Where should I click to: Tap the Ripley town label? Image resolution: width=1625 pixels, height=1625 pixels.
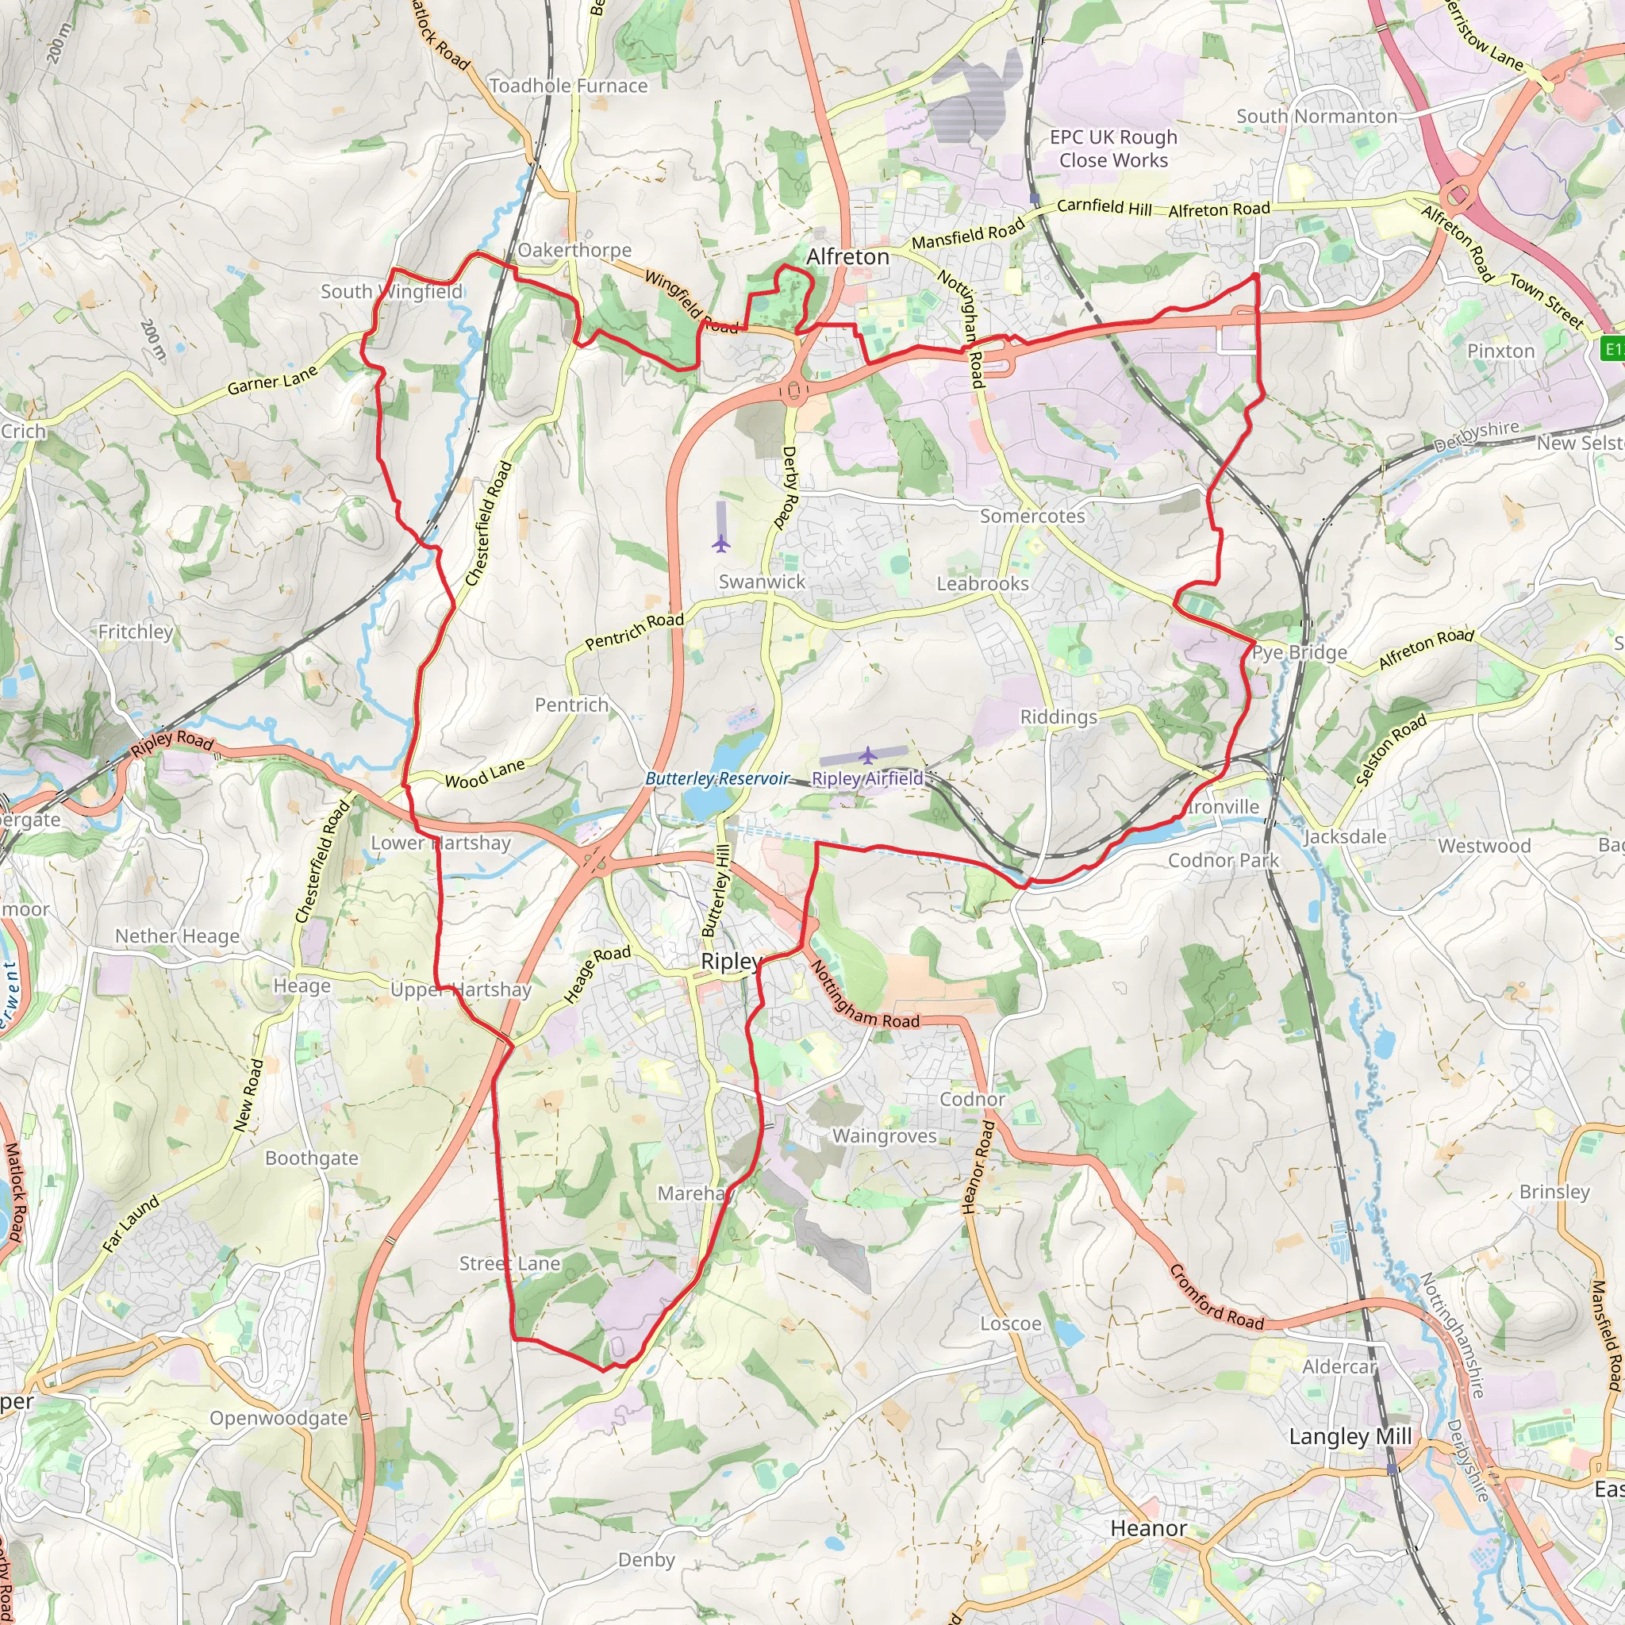(x=731, y=962)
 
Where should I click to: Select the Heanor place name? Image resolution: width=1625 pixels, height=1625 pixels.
(x=1148, y=1528)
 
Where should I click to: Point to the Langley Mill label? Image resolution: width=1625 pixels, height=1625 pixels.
(x=1350, y=1437)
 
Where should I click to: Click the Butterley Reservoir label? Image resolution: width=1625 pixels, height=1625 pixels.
(x=716, y=779)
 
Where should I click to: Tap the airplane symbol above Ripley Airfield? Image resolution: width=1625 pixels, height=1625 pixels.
(x=867, y=754)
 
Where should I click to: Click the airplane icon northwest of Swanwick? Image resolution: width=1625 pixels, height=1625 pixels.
(x=720, y=544)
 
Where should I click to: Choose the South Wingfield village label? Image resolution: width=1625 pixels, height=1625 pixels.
(x=391, y=292)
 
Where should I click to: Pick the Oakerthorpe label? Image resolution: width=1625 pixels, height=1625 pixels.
(x=574, y=250)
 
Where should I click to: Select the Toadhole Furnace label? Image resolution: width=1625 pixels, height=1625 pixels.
(x=568, y=86)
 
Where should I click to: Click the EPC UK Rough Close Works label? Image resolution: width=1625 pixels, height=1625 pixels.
(x=1112, y=148)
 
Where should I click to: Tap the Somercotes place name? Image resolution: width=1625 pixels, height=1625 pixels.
(x=1032, y=516)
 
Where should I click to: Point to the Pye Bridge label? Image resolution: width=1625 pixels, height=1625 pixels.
(x=1300, y=653)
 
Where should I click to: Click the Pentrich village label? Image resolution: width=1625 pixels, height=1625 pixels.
(x=571, y=705)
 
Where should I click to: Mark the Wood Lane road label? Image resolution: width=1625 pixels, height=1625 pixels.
(x=485, y=774)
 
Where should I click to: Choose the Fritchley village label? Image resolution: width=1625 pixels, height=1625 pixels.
(x=136, y=632)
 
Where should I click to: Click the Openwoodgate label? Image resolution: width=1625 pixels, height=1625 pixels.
(x=279, y=1418)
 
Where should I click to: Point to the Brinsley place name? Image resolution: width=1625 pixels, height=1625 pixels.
(x=1554, y=1192)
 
